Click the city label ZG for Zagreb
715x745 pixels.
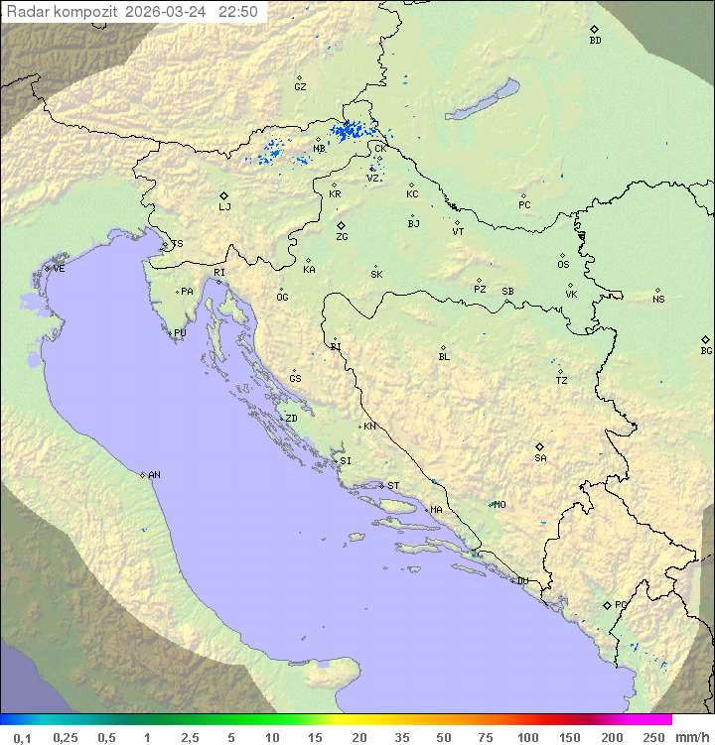(x=342, y=237)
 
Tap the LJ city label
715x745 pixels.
(x=224, y=207)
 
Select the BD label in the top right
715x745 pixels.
(x=595, y=41)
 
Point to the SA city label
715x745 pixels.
(x=540, y=458)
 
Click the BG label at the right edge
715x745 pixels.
(x=706, y=351)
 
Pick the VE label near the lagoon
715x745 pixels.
(x=59, y=269)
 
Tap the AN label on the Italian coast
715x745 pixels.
(x=154, y=475)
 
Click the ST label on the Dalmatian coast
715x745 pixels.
(x=393, y=486)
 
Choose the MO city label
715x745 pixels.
(x=500, y=504)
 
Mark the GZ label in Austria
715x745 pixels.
(x=300, y=87)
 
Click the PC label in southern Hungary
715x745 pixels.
(x=524, y=205)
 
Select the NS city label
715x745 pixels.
(x=658, y=300)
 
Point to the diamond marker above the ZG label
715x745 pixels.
(x=341, y=225)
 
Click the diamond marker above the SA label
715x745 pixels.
(x=540, y=446)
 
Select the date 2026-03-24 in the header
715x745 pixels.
(x=170, y=12)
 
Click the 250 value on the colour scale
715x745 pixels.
(x=654, y=737)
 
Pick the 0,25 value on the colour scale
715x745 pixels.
(x=66, y=737)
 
